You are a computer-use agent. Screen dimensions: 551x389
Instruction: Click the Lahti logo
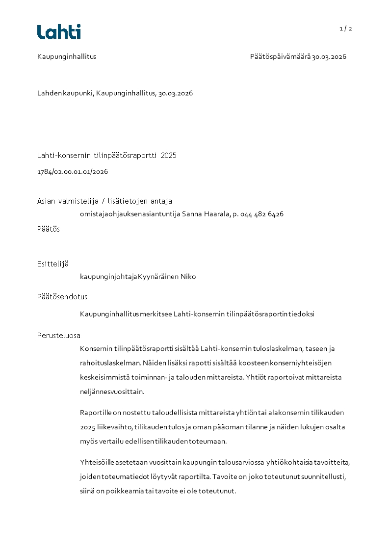tap(59, 32)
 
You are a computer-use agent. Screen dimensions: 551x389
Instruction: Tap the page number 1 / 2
tap(346, 28)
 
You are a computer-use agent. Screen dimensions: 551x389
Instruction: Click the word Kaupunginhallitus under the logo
tap(67, 56)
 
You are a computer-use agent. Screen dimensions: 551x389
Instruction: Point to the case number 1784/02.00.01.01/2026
tap(73, 172)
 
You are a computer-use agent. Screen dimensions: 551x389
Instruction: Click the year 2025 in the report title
tap(168, 156)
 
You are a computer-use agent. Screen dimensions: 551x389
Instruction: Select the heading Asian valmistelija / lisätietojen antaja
tap(104, 201)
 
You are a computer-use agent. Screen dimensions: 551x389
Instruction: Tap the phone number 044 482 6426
tap(262, 214)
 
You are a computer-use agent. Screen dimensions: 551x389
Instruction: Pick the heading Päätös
tap(49, 229)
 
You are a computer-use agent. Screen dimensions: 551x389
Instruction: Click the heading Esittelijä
tap(53, 264)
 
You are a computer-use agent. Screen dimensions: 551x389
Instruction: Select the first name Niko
tap(188, 277)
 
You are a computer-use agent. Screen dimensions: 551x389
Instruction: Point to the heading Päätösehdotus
tap(62, 297)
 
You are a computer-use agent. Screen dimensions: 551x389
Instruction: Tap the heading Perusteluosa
tap(59, 336)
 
